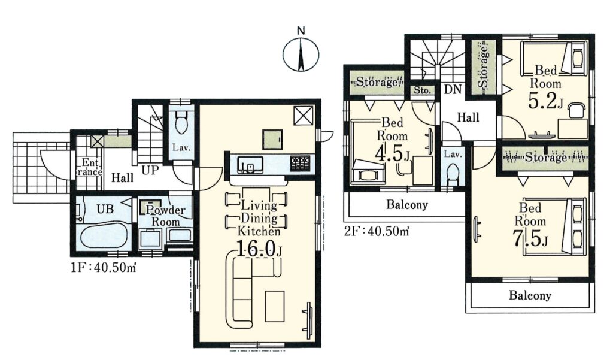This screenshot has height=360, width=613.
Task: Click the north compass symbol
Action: point(301,53)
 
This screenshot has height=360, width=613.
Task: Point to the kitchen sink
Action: point(250,164)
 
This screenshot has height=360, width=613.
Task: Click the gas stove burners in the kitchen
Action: point(300,163)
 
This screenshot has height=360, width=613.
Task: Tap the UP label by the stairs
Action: point(150,171)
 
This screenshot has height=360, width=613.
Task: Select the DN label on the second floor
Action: point(453,90)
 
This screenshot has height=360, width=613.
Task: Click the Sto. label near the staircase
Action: point(422,90)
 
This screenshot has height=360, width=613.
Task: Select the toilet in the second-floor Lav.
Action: point(453,174)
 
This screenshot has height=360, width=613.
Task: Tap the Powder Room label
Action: point(165,216)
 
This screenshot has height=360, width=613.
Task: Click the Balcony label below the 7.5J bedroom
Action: point(530,295)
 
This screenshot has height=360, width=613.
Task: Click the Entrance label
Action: point(90,168)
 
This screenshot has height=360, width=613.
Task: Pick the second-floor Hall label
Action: point(468,117)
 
